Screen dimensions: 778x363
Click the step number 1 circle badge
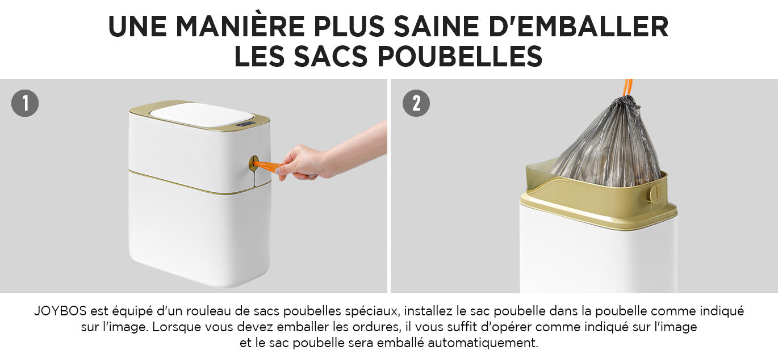pyautogui.click(x=25, y=103)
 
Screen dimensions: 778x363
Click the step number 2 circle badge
pyautogui.click(x=416, y=103)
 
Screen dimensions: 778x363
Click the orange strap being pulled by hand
pyautogui.click(x=267, y=166)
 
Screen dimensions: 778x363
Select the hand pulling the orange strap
pyautogui.click(x=330, y=156)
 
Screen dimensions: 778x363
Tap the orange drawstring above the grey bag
pyautogui.click(x=628, y=88)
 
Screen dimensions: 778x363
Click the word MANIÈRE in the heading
pyautogui.click(x=240, y=27)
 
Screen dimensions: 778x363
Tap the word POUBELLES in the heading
pyautogui.click(x=460, y=56)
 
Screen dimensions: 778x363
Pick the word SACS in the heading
pyautogui.click(x=331, y=56)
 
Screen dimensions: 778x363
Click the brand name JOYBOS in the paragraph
pyautogui.click(x=60, y=311)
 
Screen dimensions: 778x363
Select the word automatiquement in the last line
pyautogui.click(x=483, y=343)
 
